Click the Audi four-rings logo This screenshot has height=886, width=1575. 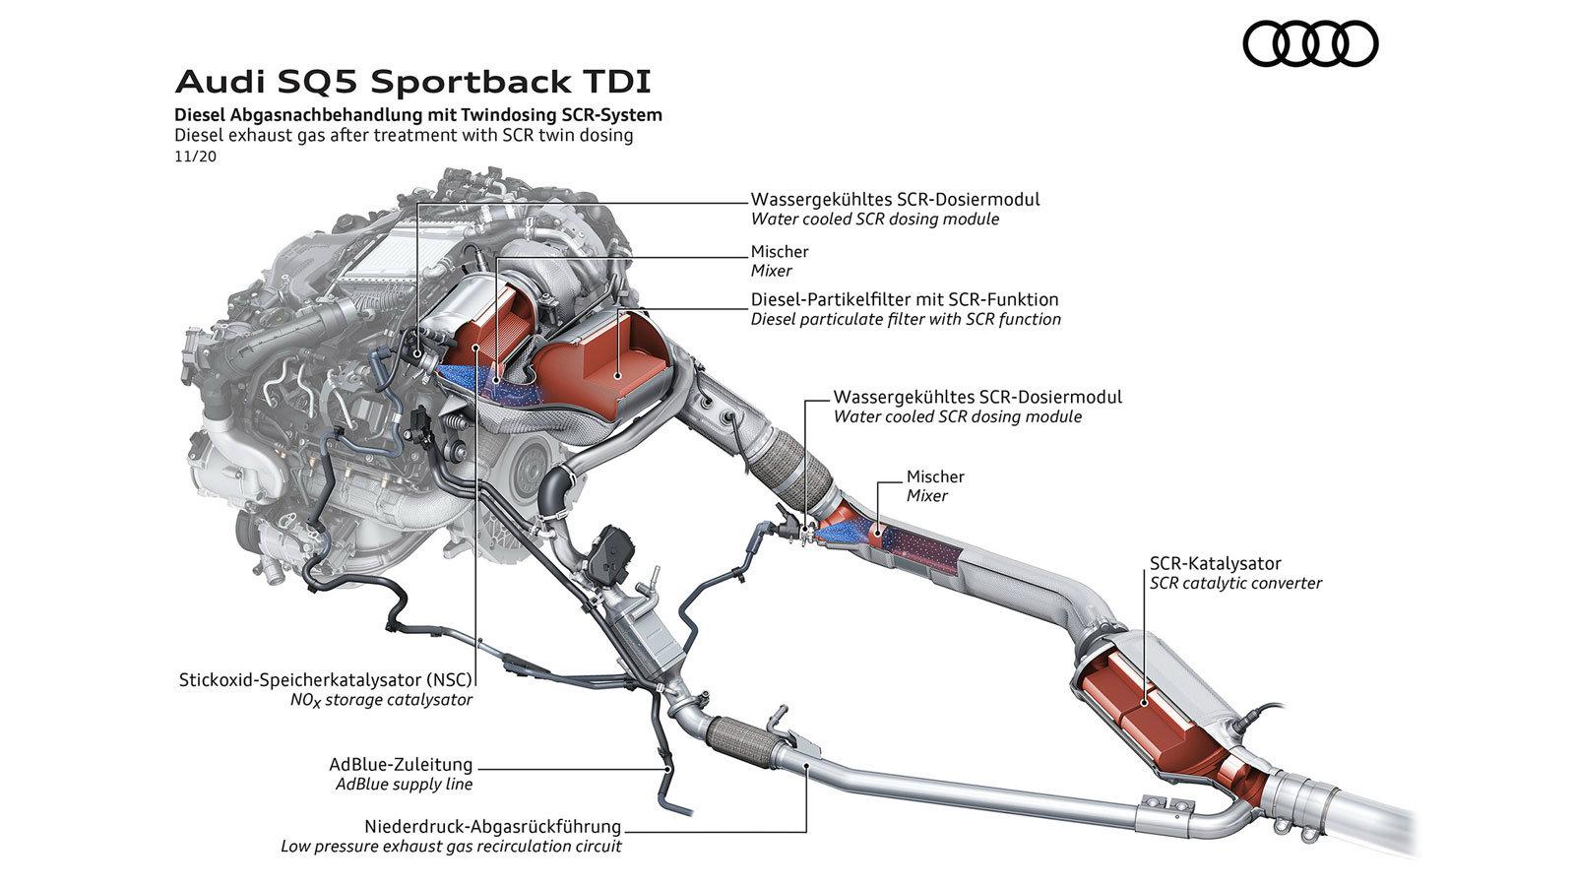(1310, 44)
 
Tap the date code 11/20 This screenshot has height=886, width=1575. (195, 156)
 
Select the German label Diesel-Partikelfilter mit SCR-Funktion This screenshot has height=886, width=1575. (904, 299)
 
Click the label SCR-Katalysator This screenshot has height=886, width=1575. (1215, 564)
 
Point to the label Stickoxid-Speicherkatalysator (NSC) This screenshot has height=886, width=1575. (326, 679)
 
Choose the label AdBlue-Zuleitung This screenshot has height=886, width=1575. (401, 765)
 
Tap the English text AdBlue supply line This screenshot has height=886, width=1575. (404, 785)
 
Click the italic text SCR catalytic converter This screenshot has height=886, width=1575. (1235, 583)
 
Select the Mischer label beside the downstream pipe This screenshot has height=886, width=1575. (935, 476)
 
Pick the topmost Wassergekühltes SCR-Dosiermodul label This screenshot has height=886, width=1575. (895, 199)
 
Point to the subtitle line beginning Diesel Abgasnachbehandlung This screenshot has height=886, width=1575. (418, 114)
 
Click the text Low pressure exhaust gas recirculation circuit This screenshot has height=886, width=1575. (451, 846)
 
